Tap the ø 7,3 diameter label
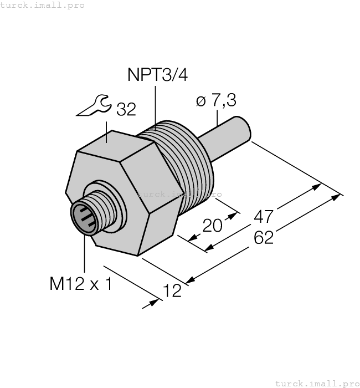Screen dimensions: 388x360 click(x=216, y=100)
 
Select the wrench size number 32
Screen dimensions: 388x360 click(x=126, y=110)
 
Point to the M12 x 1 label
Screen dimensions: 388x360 click(x=80, y=284)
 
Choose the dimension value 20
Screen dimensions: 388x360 click(x=212, y=226)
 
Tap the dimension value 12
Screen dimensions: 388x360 click(x=173, y=290)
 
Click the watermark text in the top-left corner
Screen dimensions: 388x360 click(x=43, y=5)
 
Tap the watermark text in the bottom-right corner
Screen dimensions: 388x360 click(x=317, y=383)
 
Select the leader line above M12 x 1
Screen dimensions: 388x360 click(x=85, y=255)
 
